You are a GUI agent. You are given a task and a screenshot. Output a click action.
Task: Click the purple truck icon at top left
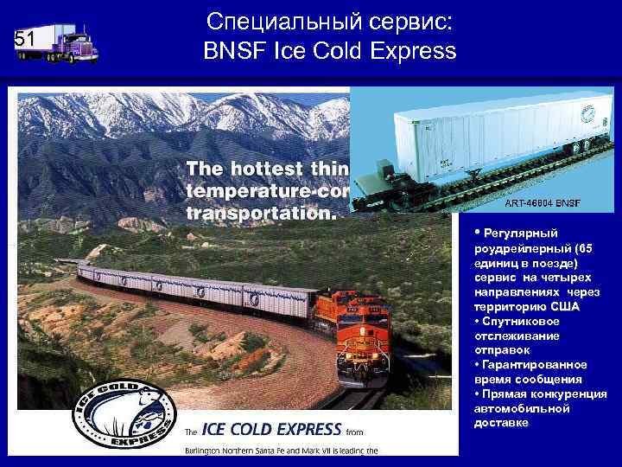[x=67, y=42]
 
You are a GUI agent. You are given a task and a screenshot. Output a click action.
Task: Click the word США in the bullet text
[x=566, y=307]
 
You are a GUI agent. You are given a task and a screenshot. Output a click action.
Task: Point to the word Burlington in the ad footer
[x=207, y=450]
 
